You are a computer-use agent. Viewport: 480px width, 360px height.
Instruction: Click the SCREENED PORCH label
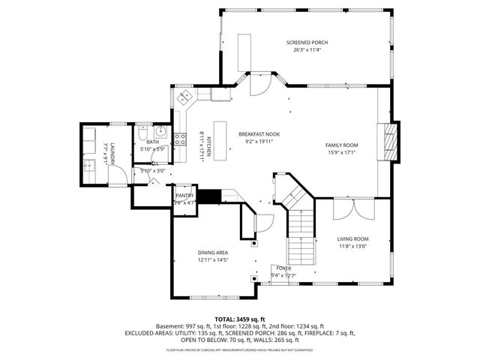click(307, 43)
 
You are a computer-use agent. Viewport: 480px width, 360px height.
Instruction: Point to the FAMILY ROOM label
click(341, 145)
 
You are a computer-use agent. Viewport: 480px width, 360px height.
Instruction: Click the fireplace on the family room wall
click(388, 141)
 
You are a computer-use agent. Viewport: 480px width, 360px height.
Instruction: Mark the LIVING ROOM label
click(352, 239)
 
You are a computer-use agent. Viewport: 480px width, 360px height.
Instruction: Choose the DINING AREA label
click(212, 253)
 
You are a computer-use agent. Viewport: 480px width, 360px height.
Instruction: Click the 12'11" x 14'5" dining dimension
click(212, 260)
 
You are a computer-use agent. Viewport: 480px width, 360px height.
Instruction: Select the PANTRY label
click(184, 196)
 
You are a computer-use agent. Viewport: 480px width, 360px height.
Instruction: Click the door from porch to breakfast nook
click(255, 86)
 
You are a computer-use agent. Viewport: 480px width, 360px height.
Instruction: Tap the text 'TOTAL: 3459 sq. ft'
click(240, 319)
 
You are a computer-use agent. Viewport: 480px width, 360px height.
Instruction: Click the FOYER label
click(283, 268)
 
